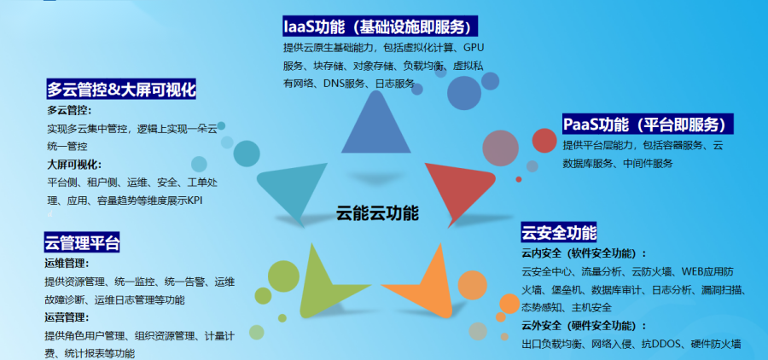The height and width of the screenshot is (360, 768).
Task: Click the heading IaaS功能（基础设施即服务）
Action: click(380, 26)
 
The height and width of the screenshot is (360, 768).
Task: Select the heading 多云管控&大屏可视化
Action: click(121, 90)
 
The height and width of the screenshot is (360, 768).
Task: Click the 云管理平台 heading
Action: click(82, 242)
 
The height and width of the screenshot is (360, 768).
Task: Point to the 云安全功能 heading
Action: click(559, 232)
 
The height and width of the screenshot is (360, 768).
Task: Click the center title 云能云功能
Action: click(377, 213)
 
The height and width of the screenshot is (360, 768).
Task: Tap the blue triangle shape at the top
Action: click(375, 122)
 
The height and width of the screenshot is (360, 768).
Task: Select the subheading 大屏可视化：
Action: click(74, 164)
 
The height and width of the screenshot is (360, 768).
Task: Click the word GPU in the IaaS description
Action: click(474, 48)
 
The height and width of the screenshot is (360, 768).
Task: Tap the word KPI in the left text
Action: click(195, 200)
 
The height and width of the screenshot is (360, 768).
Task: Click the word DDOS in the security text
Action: click(668, 344)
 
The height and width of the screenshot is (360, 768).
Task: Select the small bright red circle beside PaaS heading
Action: click(544, 141)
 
